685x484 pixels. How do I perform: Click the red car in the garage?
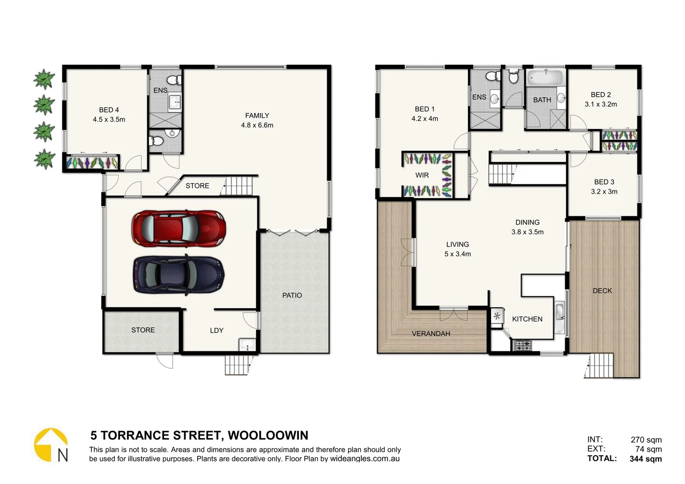click(x=178, y=229)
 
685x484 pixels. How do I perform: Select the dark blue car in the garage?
click(x=178, y=275)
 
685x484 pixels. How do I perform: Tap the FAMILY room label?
click(x=257, y=116)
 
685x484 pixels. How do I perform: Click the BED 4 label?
click(x=109, y=110)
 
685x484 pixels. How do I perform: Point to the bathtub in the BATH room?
click(x=544, y=77)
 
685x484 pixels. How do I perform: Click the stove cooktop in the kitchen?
click(x=522, y=346)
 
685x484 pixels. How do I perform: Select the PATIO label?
click(x=292, y=295)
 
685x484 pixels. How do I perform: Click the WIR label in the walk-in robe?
click(x=422, y=175)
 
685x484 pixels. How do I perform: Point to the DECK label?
click(x=602, y=291)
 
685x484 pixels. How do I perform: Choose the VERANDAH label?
click(x=431, y=333)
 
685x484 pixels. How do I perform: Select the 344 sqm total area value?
click(x=646, y=458)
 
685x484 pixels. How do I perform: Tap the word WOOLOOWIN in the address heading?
click(x=268, y=435)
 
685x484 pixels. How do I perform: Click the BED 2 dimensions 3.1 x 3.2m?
click(x=601, y=104)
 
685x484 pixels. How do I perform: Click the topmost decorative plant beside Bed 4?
click(x=44, y=79)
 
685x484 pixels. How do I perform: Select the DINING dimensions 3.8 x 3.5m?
click(x=527, y=232)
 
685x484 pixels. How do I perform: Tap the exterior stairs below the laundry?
click(x=237, y=365)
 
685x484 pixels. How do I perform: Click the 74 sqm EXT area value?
click(x=648, y=449)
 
